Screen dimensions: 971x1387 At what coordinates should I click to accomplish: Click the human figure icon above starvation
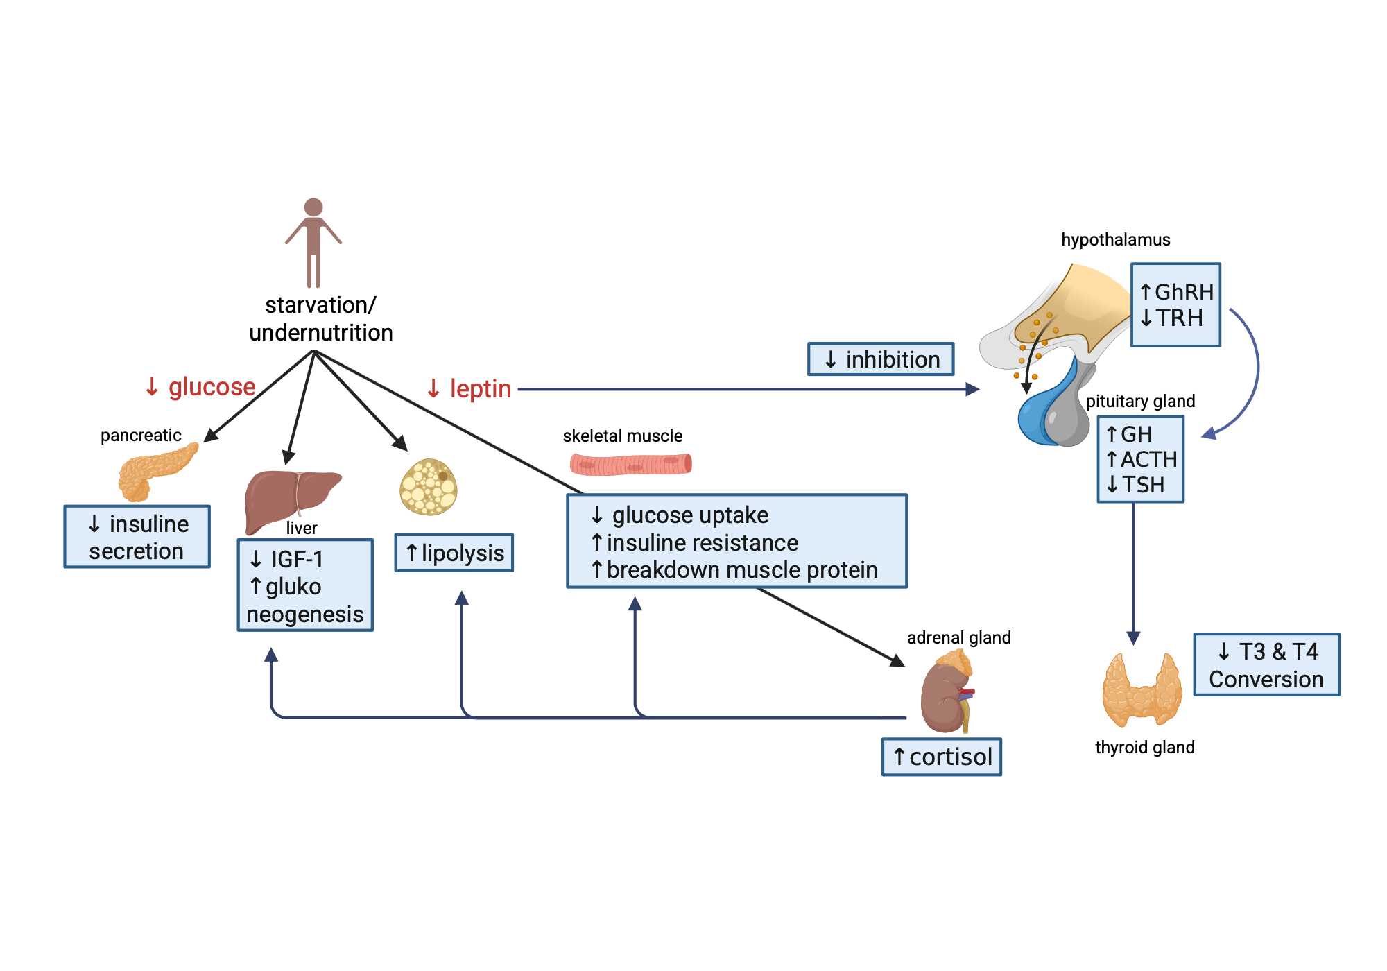(x=313, y=243)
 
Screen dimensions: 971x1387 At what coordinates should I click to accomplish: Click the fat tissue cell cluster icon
(x=429, y=487)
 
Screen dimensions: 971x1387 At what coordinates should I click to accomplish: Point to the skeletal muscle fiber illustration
(x=630, y=463)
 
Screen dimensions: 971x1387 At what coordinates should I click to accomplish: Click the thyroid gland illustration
(x=1142, y=690)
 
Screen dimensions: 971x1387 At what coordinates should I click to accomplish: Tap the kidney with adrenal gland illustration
(x=946, y=694)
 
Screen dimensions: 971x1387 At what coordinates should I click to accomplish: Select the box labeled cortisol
(x=941, y=757)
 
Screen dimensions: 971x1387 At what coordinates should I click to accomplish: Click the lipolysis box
(x=454, y=553)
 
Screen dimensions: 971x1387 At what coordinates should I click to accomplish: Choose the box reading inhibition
(x=881, y=359)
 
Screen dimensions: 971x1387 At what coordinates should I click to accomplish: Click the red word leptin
(x=480, y=389)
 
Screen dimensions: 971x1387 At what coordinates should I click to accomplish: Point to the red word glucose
(x=212, y=386)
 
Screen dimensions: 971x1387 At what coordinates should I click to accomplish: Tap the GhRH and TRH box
(x=1175, y=304)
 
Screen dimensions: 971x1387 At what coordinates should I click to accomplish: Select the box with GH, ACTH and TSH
(x=1140, y=459)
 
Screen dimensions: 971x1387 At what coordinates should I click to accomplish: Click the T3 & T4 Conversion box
(x=1266, y=664)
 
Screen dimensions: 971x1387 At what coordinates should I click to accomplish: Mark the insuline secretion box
(x=137, y=537)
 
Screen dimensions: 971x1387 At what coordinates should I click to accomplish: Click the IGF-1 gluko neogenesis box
(x=305, y=585)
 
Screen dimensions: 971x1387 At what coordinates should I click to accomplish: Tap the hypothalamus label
(x=1115, y=240)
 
